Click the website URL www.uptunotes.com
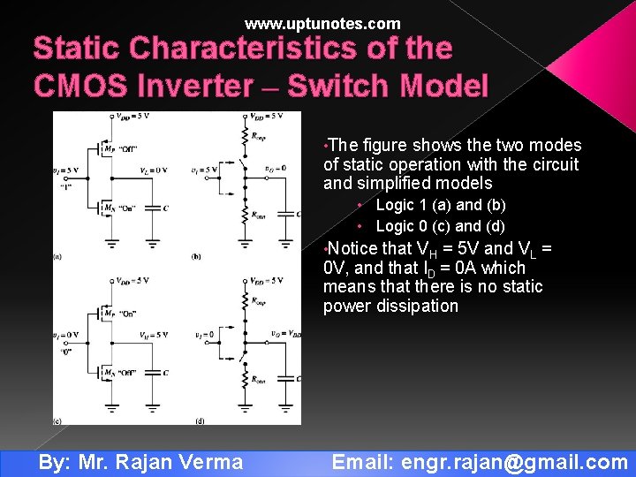[322, 24]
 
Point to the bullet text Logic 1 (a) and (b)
[441, 205]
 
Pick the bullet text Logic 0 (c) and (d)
[441, 225]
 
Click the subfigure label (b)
[197, 256]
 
